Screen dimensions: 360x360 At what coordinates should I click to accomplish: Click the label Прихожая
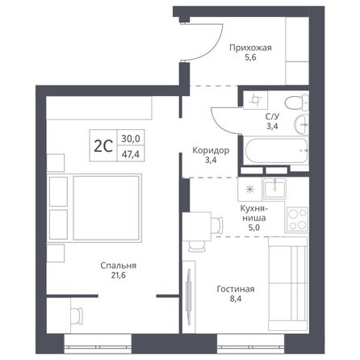[249, 48]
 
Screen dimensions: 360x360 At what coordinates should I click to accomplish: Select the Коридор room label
[210, 150]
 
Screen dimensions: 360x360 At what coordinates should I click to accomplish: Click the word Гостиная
[236, 288]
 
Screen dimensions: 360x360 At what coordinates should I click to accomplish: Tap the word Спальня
[118, 266]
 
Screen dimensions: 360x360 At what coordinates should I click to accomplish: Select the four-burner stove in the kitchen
[298, 218]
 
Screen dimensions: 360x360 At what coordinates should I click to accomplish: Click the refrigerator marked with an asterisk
[249, 189]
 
